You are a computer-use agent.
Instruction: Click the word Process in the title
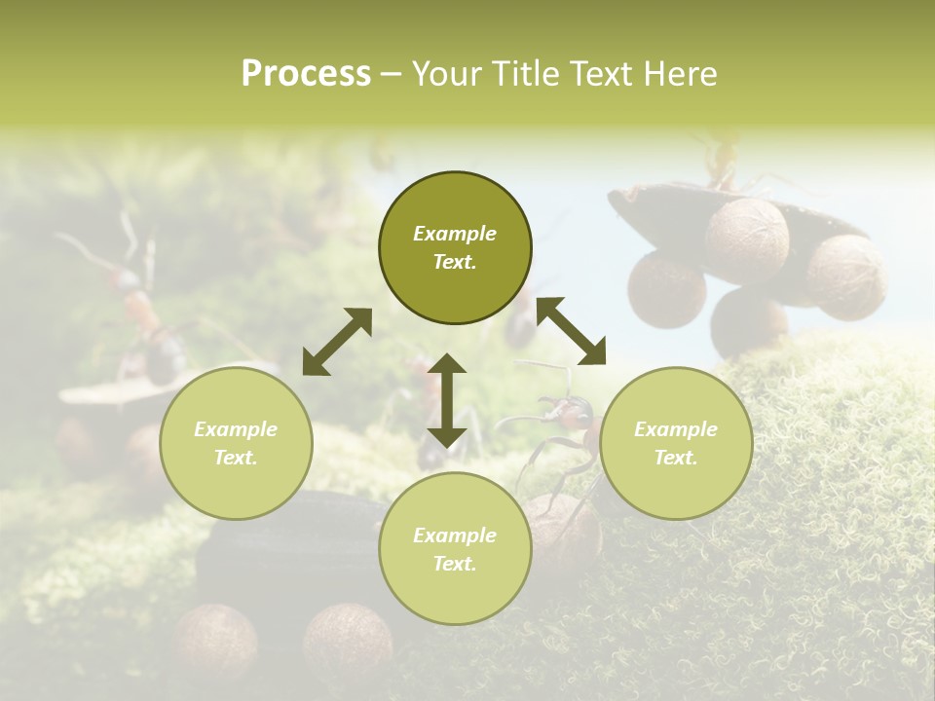tap(306, 74)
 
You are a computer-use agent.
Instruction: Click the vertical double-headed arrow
tap(447, 400)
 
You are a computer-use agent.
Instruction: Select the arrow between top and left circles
tap(336, 342)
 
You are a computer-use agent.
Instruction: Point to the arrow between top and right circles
tap(571, 331)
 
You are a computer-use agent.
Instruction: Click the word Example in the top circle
tap(455, 234)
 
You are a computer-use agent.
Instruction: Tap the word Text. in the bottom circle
tap(455, 564)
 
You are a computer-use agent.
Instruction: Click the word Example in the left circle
tap(236, 429)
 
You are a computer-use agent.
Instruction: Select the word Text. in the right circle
tap(676, 458)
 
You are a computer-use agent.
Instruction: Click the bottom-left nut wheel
tap(216, 638)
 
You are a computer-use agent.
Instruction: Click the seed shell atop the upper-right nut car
tap(682, 209)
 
